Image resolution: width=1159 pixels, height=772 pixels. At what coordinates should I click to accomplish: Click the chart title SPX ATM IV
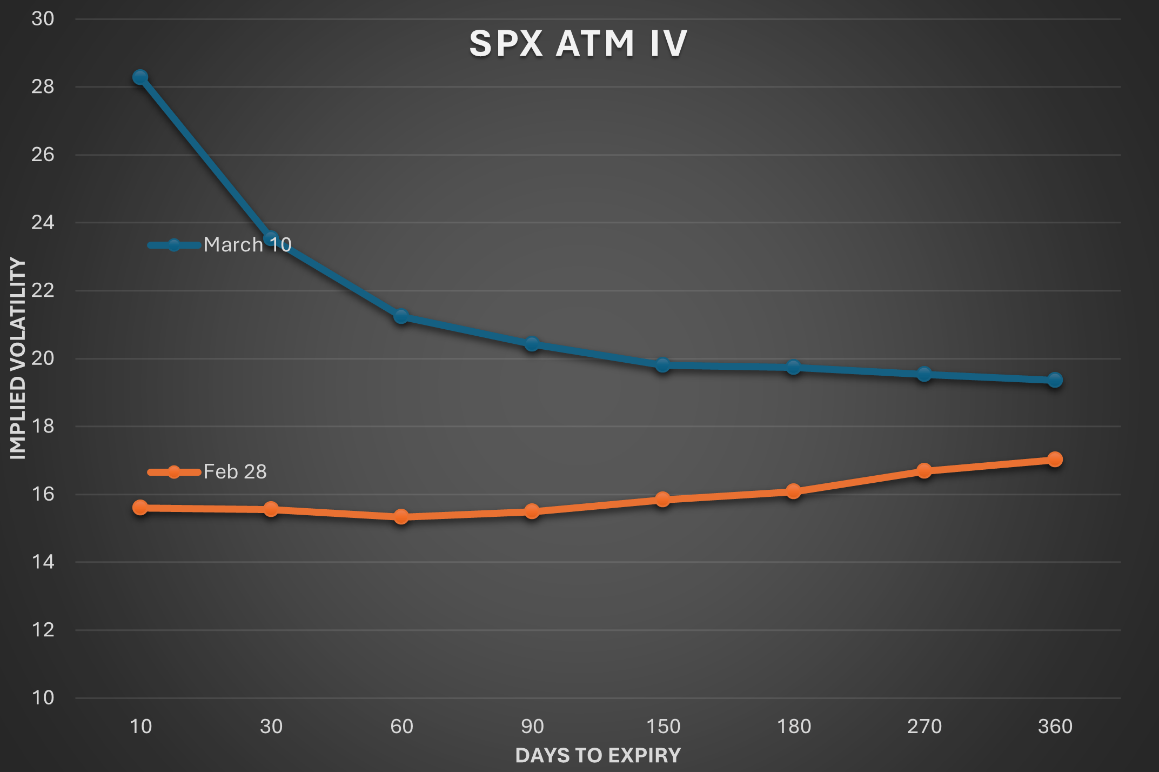pyautogui.click(x=578, y=43)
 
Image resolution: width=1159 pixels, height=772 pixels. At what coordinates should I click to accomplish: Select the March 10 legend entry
pyautogui.click(x=220, y=245)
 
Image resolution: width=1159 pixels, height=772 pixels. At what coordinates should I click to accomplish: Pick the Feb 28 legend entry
pyautogui.click(x=207, y=472)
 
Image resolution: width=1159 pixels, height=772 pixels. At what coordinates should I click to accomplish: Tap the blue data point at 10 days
pyautogui.click(x=140, y=77)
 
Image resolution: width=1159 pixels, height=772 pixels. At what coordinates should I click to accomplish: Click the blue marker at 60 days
pyautogui.click(x=401, y=316)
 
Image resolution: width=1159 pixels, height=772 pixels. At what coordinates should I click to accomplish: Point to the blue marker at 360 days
pyautogui.click(x=1055, y=380)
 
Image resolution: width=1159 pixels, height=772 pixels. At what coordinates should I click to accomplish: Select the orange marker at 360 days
pyautogui.click(x=1055, y=459)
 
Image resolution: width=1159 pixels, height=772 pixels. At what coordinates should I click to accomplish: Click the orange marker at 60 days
pyautogui.click(x=401, y=517)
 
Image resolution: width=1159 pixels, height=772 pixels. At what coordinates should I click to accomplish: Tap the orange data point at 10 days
pyautogui.click(x=140, y=507)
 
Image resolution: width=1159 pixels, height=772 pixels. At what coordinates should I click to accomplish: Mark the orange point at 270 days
pyautogui.click(x=924, y=471)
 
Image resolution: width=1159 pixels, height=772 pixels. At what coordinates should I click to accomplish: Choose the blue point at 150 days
pyautogui.click(x=662, y=365)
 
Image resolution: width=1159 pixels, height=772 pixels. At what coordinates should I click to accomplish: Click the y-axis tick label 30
pyautogui.click(x=43, y=19)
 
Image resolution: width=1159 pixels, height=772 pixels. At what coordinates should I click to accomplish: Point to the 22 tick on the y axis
pyautogui.click(x=43, y=290)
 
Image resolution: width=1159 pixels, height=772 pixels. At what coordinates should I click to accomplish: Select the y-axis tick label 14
pyautogui.click(x=43, y=562)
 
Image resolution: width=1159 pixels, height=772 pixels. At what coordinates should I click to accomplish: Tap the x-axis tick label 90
pyautogui.click(x=532, y=726)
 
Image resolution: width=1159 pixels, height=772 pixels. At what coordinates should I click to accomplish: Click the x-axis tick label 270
pyautogui.click(x=924, y=726)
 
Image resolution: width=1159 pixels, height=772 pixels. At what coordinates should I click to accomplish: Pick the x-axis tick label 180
pyautogui.click(x=793, y=726)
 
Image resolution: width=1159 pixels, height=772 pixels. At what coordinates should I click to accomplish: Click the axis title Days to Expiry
pyautogui.click(x=598, y=755)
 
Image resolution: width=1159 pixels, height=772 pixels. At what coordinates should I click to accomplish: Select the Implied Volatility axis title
pyautogui.click(x=18, y=358)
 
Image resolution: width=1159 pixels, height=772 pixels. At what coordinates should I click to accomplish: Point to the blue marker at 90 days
pyautogui.click(x=532, y=344)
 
